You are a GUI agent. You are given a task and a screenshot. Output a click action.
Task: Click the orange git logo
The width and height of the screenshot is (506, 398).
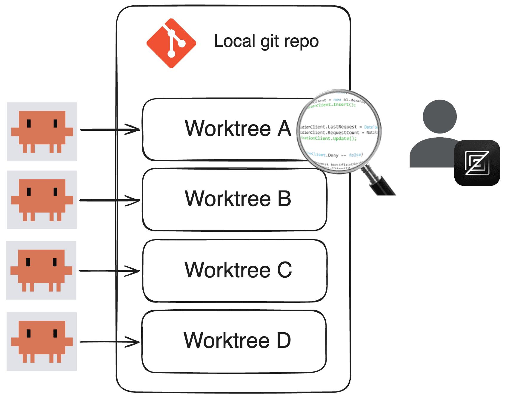pos(171,43)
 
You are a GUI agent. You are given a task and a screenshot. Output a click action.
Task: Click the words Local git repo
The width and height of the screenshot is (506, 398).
pos(266,41)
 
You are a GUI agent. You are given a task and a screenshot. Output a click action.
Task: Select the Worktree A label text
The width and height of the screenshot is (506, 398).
pos(238,129)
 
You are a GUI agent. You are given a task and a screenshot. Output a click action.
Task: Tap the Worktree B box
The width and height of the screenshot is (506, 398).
pos(235,199)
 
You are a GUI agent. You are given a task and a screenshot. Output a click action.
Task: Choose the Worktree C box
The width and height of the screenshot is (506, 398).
pos(235,270)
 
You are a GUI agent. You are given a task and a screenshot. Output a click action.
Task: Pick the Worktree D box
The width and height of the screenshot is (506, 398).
pos(234,341)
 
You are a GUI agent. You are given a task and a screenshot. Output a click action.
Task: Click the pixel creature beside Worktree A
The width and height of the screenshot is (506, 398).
pos(42,131)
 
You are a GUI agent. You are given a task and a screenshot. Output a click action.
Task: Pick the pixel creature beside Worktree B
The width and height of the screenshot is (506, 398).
pos(42,200)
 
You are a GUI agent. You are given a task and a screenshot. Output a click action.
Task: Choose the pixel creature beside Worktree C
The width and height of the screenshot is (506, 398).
pos(41,270)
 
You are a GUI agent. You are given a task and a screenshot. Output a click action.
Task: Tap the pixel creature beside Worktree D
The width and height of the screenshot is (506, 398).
pos(42,341)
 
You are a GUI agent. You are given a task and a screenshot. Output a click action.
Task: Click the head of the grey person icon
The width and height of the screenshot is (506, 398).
pos(439,116)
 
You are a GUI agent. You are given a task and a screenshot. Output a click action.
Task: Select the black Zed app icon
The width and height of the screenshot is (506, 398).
pos(477,163)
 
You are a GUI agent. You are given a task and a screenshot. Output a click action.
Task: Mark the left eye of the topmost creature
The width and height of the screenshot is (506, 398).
pos(29,123)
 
